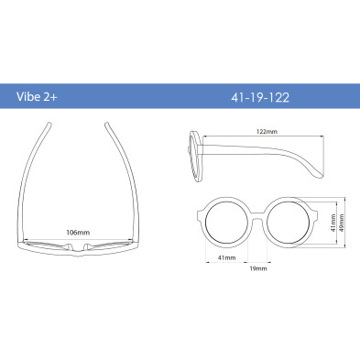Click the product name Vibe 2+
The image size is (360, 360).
[x=37, y=96]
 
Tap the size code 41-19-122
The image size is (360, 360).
[x=260, y=98]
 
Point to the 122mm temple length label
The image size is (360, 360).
[x=267, y=132]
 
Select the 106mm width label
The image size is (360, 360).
[x=78, y=233]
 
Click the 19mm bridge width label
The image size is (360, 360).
[x=258, y=268]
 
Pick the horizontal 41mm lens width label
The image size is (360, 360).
[x=227, y=257]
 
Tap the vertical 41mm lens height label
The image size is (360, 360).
[x=333, y=223]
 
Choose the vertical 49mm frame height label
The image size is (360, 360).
[x=342, y=223]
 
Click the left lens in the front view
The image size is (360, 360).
[x=226, y=222]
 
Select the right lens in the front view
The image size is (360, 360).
[x=289, y=222]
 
